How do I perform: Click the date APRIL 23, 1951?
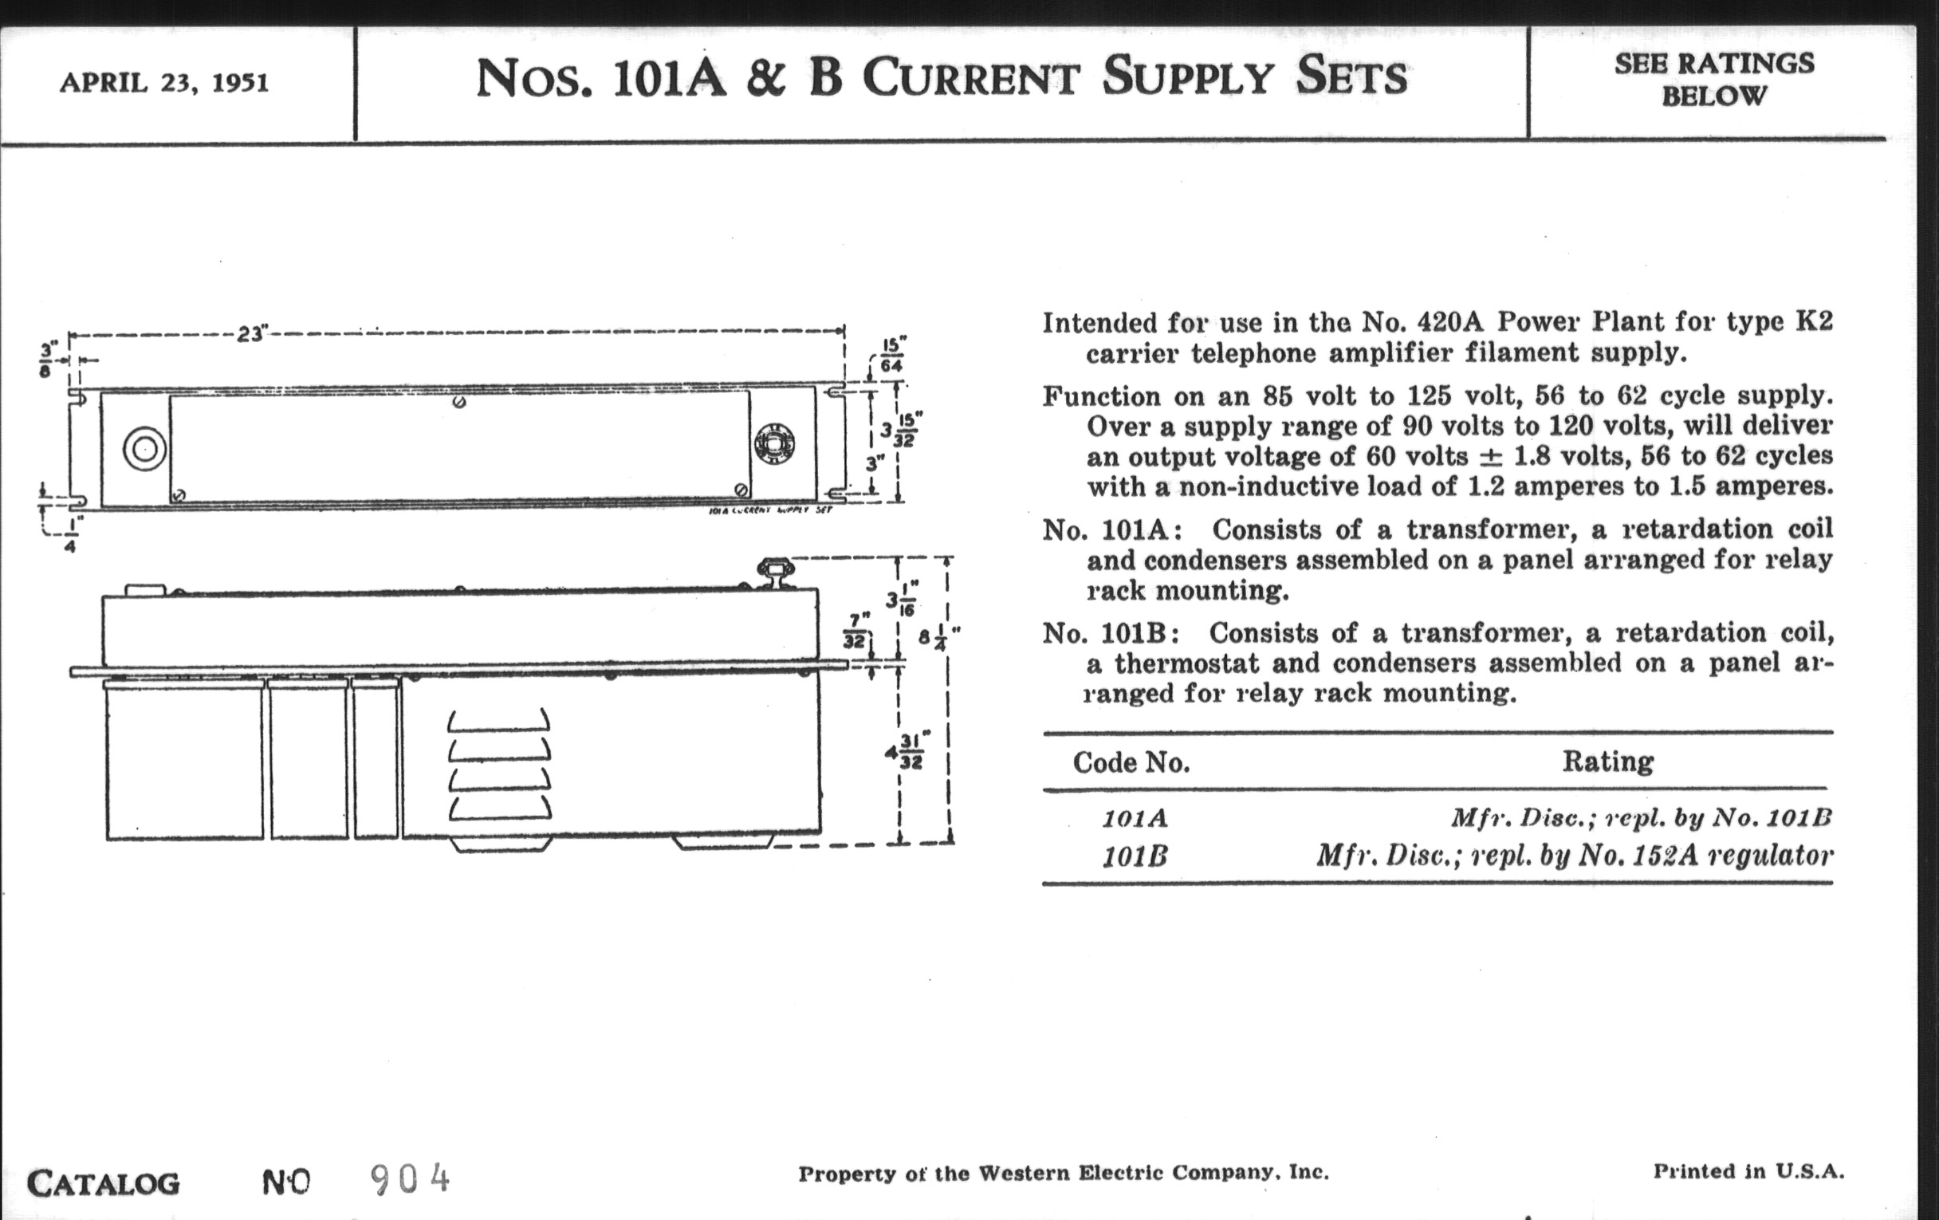pyautogui.click(x=164, y=83)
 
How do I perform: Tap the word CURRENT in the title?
pyautogui.click(x=970, y=78)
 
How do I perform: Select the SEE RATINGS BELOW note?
pyautogui.click(x=1713, y=80)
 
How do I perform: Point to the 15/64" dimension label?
pyautogui.click(x=891, y=356)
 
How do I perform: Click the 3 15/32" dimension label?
pyautogui.click(x=901, y=430)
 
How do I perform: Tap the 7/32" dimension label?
pyautogui.click(x=856, y=632)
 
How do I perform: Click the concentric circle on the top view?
pyautogui.click(x=145, y=449)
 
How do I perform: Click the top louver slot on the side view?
pyautogui.click(x=499, y=720)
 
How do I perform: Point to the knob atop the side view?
pyautogui.click(x=776, y=570)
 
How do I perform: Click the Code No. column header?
pyautogui.click(x=1131, y=762)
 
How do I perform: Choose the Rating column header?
pyautogui.click(x=1607, y=761)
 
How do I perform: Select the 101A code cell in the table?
pyautogui.click(x=1135, y=819)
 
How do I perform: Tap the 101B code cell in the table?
pyautogui.click(x=1135, y=856)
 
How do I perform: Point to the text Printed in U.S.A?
pyautogui.click(x=1748, y=1171)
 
